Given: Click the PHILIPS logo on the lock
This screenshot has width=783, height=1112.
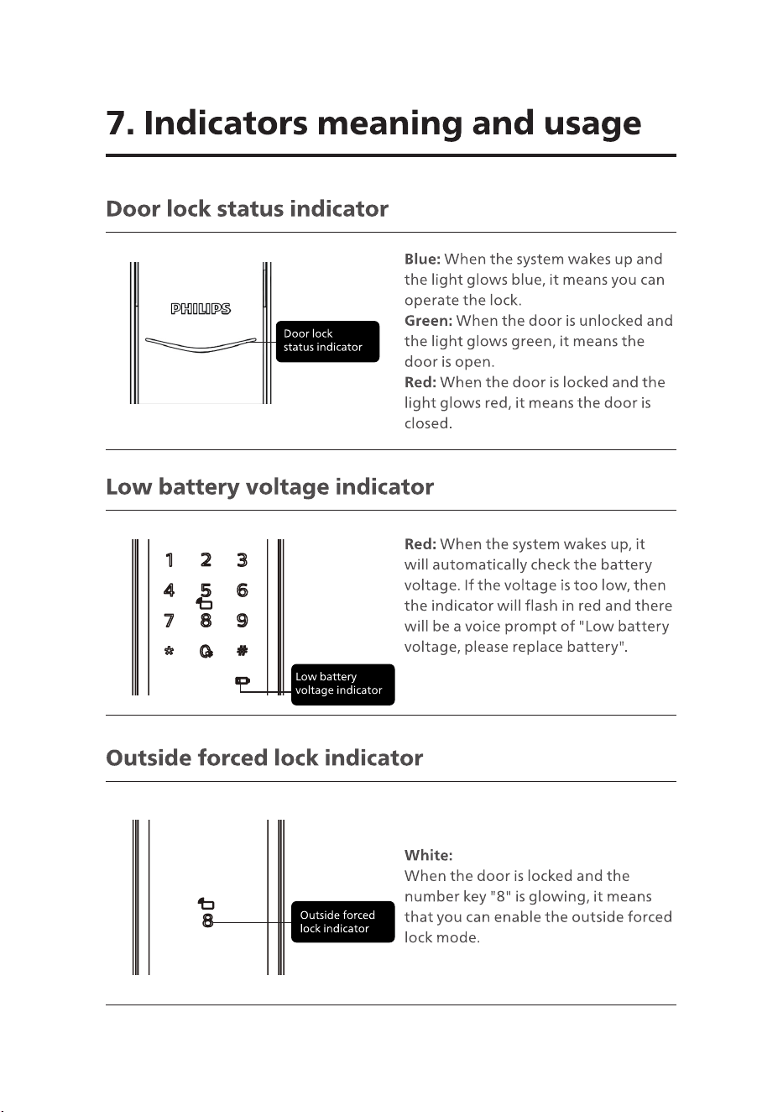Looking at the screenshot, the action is [x=201, y=309].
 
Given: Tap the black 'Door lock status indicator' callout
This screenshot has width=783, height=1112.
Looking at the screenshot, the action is [x=327, y=341].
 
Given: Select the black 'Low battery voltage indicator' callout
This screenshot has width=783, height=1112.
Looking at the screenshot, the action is [x=343, y=684].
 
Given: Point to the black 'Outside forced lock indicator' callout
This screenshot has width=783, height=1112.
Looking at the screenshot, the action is [x=343, y=921].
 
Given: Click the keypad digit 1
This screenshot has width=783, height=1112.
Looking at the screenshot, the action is [x=170, y=560].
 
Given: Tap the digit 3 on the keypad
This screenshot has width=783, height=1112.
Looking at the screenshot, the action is [x=243, y=560].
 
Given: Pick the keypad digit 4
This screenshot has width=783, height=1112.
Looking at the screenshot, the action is [x=170, y=590].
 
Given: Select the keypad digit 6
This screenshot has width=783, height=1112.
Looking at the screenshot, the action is [x=243, y=590].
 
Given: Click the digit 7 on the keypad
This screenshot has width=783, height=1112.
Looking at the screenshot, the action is [x=170, y=621].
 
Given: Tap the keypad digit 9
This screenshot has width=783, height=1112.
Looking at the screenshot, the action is [x=243, y=621].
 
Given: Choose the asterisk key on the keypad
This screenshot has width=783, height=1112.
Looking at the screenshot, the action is [x=170, y=651].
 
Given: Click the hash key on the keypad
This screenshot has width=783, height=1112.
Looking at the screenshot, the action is [x=243, y=651].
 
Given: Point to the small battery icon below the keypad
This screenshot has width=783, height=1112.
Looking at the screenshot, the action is [x=243, y=680].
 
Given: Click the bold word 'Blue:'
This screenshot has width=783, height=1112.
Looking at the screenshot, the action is [x=422, y=260].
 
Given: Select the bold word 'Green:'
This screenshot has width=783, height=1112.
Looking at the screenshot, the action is [x=428, y=321].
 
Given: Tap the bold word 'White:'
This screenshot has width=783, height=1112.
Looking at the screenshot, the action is [x=428, y=855].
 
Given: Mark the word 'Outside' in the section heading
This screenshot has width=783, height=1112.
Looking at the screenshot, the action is [x=148, y=758].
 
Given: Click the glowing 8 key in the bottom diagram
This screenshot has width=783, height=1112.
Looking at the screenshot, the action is [x=207, y=921].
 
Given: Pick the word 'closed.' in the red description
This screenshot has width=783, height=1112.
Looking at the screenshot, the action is [x=428, y=423].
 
